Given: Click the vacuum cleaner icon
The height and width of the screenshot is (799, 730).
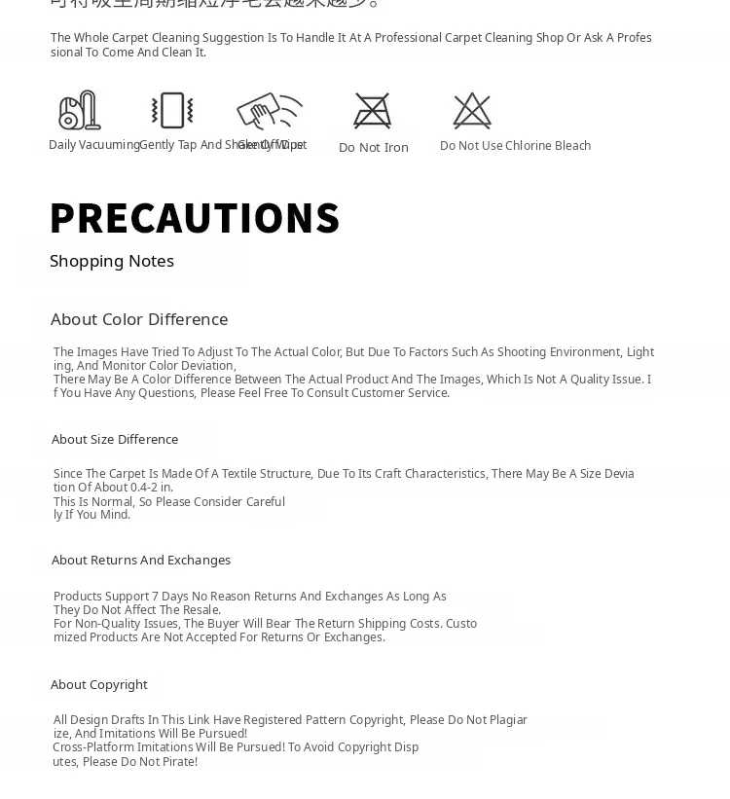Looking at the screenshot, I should coord(79,111).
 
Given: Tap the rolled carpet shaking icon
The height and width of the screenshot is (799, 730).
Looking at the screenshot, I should coord(172,111).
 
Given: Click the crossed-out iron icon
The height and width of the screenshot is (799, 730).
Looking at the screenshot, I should coord(373,111).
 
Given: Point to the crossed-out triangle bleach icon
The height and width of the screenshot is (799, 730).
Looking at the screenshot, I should coord(472,111).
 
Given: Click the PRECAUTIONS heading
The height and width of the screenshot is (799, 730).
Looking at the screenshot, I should coord(195,218).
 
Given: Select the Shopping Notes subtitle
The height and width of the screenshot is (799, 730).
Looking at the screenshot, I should coord(112,261).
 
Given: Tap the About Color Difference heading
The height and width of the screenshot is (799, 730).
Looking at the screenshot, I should coord(139,319).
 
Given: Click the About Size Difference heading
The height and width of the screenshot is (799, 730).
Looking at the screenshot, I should coord(115,439).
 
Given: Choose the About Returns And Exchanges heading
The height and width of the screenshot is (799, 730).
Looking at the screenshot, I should coord(141,560).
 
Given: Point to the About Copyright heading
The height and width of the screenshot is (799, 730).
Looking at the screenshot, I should coord(99,684).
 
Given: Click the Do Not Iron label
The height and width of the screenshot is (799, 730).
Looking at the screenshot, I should coord(374,148).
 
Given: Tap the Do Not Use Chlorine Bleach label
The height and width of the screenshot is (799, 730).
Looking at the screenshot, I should coord(515,146).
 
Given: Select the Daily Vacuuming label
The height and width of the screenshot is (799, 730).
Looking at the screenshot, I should coord(93,145).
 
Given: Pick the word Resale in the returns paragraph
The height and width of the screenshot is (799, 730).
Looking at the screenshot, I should coord(201,610).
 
